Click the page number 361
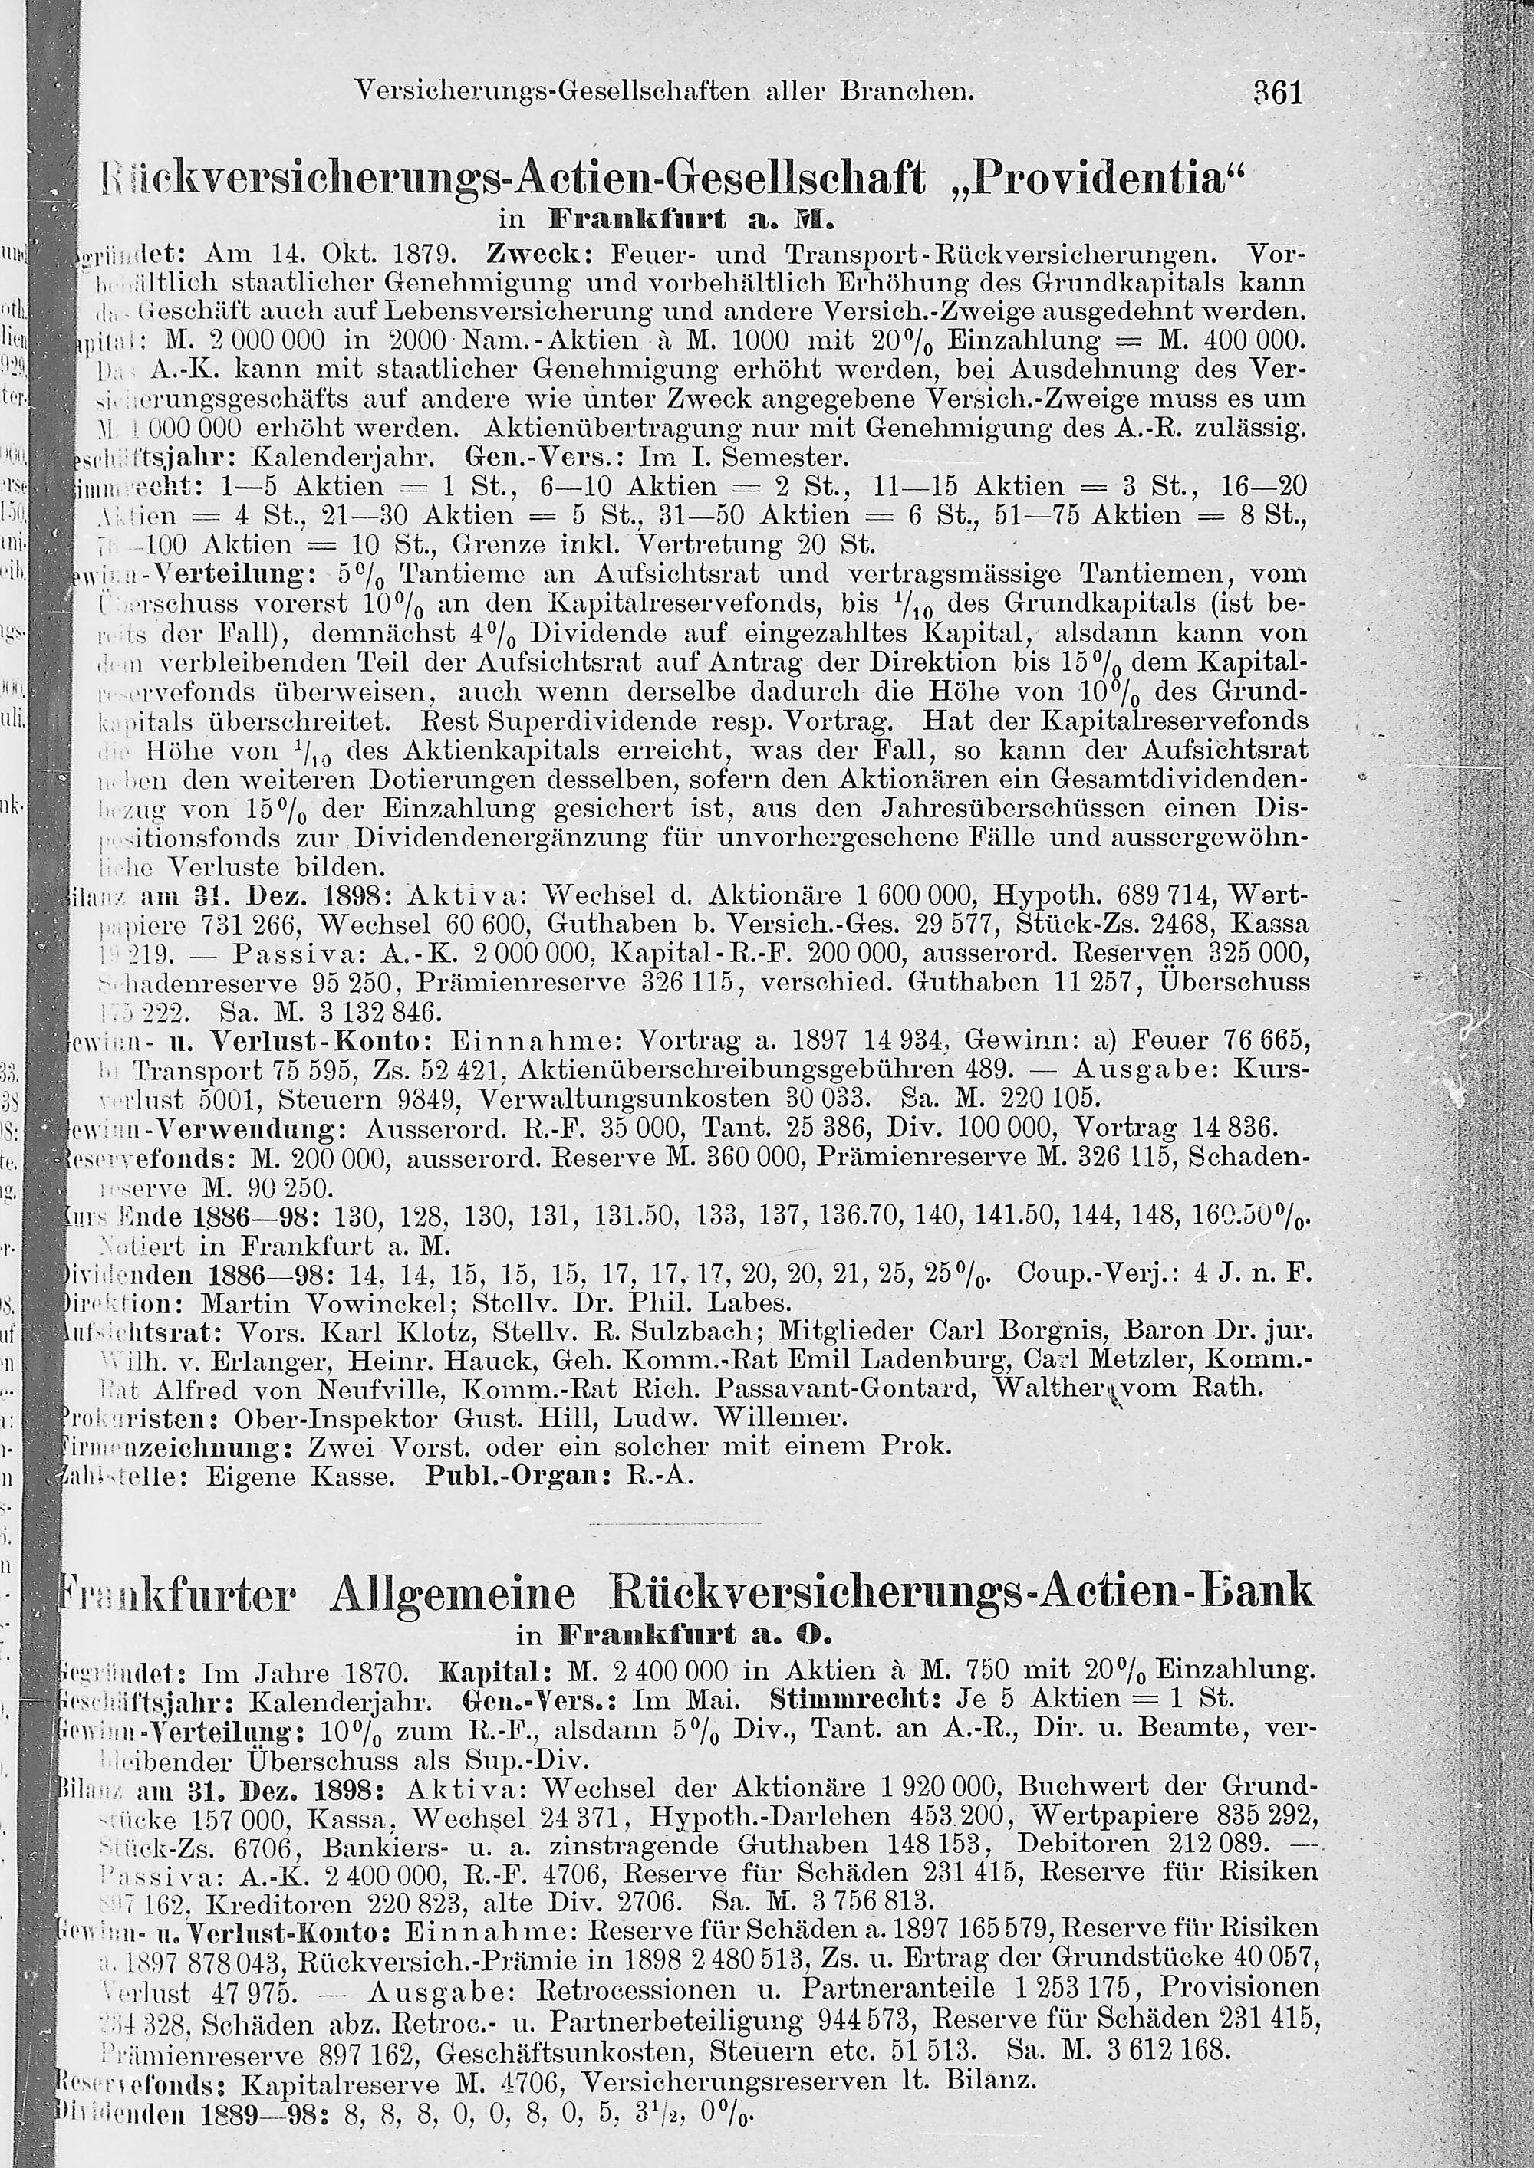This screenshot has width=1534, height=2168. (1278, 93)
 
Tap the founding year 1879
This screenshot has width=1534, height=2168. (426, 254)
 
